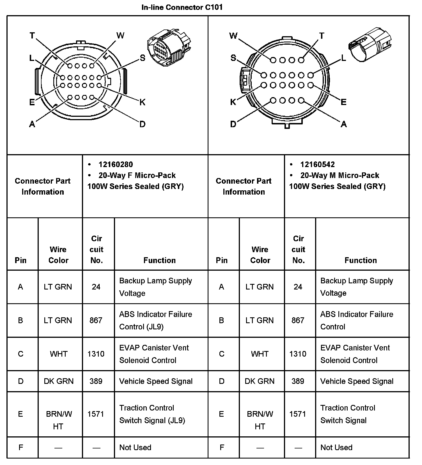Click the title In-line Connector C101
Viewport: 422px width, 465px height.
pyautogui.click(x=182, y=7)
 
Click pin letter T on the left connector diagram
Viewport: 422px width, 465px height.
pyautogui.click(x=32, y=36)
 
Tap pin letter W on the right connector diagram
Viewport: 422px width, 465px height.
pyautogui.click(x=233, y=36)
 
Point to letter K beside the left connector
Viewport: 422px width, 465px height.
pyautogui.click(x=142, y=102)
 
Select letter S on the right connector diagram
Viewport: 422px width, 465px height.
pyautogui.click(x=233, y=58)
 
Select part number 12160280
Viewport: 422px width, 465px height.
pyautogui.click(x=116, y=165)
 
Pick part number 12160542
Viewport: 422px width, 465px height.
pyautogui.click(x=317, y=165)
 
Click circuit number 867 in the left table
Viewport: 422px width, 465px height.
pyautogui.click(x=96, y=320)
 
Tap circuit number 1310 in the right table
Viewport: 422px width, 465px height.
pyautogui.click(x=298, y=354)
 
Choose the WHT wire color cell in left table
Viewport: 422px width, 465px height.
pyautogui.click(x=59, y=354)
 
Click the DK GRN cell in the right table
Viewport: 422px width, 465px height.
pyautogui.click(x=260, y=381)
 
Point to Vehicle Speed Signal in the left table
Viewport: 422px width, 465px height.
pyautogui.click(x=156, y=381)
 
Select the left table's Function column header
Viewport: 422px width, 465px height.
pyautogui.click(x=159, y=260)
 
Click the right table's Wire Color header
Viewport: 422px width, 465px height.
pyautogui.click(x=260, y=255)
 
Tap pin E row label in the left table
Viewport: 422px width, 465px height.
pyautogui.click(x=20, y=414)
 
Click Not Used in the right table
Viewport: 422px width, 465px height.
pyautogui.click(x=336, y=448)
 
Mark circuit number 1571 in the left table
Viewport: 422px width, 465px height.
pyautogui.click(x=96, y=414)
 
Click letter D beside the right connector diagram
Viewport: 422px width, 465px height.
pyautogui.click(x=233, y=124)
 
